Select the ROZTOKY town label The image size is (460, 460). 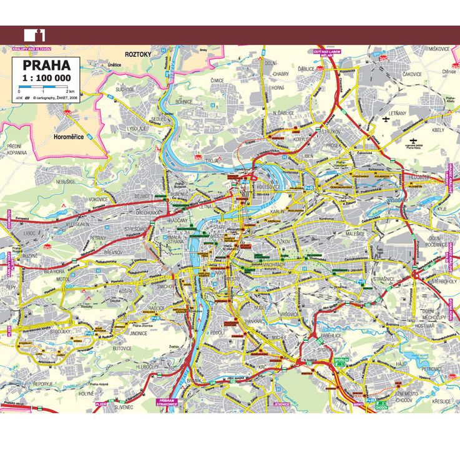(139, 54)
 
